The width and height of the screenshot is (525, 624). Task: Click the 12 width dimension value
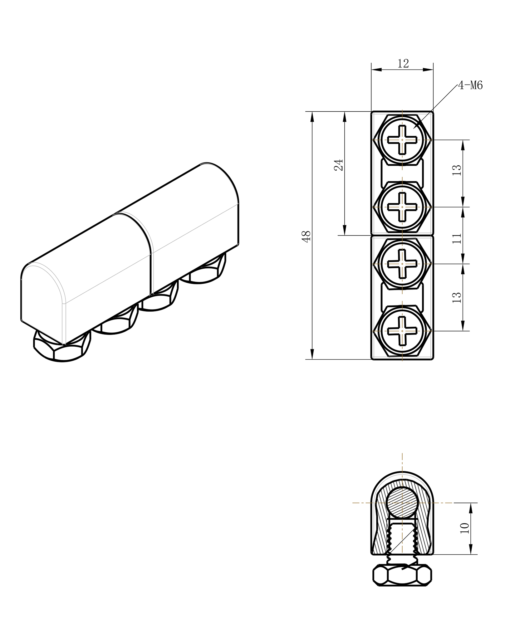pos(403,64)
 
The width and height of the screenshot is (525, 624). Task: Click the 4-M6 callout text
pos(470,85)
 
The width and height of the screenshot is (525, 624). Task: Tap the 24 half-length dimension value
pos(339,165)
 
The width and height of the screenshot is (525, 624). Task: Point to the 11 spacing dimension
pos(457,238)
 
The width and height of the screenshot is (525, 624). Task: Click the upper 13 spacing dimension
pos(457,170)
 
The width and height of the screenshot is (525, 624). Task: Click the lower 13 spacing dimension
pos(457,297)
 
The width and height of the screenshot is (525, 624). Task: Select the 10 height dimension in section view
pos(465,528)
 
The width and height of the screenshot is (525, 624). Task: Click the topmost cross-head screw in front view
pos(402,140)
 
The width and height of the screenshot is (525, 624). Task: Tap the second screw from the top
pos(402,207)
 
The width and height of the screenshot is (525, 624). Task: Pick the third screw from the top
pos(402,264)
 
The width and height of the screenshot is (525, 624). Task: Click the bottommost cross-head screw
pos(402,331)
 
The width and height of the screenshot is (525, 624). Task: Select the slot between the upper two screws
pos(402,173)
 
